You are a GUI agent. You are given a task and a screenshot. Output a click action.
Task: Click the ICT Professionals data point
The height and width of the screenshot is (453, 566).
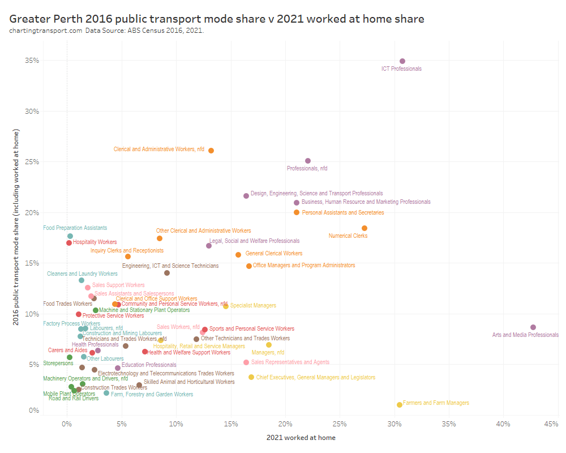[402, 61]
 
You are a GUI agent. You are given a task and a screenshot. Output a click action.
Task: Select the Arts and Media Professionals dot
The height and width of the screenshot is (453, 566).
[533, 327]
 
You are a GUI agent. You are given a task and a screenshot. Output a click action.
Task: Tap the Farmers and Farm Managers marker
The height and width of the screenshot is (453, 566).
[400, 405]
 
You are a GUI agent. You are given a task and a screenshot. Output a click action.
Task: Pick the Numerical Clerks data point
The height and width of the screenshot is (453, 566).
[365, 228]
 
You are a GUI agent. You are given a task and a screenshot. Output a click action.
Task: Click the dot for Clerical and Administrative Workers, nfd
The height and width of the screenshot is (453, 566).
[211, 151]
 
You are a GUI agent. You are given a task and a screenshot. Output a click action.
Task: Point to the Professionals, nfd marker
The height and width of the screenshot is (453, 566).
[308, 161]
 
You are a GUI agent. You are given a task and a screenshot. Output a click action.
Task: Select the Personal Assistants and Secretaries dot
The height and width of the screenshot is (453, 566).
[297, 212]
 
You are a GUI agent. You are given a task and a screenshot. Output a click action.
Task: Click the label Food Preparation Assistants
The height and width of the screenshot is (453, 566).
[75, 228]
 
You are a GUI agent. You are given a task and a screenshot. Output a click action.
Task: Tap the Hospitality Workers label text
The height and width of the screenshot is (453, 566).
[95, 242]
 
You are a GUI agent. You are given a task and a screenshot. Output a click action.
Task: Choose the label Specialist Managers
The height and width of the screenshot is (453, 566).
[253, 306]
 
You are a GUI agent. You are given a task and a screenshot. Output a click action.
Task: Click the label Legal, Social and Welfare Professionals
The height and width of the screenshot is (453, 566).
[256, 241]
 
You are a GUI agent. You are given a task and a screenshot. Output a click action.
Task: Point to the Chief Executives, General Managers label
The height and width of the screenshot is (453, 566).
[315, 378]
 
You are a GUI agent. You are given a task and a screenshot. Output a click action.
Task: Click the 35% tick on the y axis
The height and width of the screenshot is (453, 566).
[32, 61]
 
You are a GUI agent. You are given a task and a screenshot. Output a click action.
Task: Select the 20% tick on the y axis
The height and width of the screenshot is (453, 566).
[32, 212]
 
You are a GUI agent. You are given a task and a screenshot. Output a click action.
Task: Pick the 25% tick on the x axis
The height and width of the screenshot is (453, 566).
[340, 424]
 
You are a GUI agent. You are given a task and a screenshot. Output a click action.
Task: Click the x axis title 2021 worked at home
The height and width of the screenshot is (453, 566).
[301, 438]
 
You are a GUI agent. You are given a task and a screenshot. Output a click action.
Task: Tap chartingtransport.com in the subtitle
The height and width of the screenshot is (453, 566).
[45, 30]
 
